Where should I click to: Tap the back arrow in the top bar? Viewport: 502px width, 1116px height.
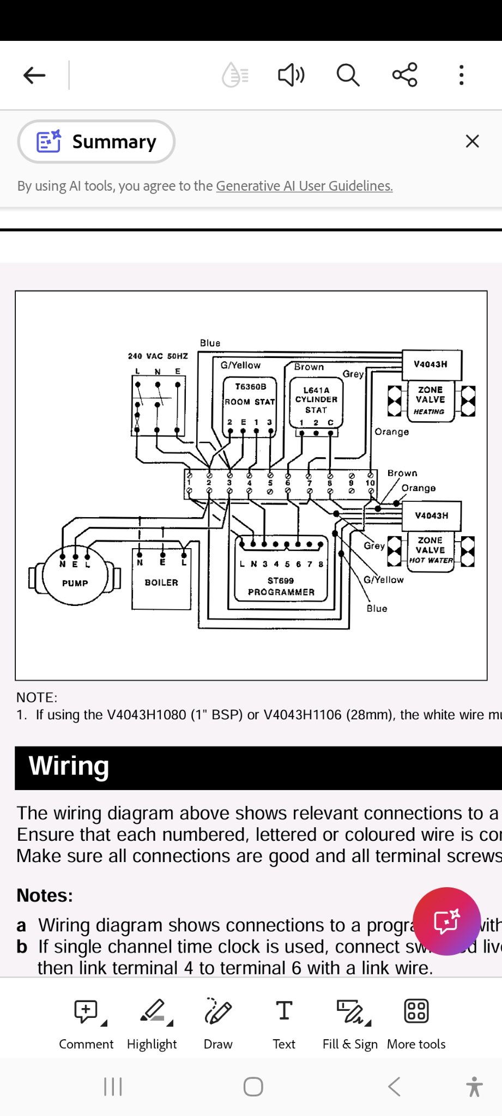pos(34,75)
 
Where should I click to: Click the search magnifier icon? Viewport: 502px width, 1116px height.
pos(348,75)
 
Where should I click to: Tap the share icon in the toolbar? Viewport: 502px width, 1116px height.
pos(404,75)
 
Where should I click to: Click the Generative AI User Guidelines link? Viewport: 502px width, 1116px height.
pos(304,186)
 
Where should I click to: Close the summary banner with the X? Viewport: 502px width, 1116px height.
pos(472,142)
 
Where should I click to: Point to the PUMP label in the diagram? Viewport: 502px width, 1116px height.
pos(75,583)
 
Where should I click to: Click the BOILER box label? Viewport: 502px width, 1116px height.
pos(161,583)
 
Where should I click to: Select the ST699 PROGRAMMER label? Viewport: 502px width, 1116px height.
pos(281,586)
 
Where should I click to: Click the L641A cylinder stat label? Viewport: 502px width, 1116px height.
pos(316,399)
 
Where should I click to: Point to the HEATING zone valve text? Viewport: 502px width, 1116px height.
pos(430,411)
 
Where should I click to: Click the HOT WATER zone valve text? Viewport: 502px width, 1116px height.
pos(431,560)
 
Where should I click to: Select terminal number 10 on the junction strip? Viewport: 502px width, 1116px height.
pos(371,483)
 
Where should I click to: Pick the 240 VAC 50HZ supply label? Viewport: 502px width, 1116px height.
pos(158,356)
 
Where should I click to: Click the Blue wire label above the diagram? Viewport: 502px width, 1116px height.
pos(210,343)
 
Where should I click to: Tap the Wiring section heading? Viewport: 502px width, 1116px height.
pos(69,766)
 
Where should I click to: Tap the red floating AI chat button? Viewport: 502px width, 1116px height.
pos(446,921)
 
